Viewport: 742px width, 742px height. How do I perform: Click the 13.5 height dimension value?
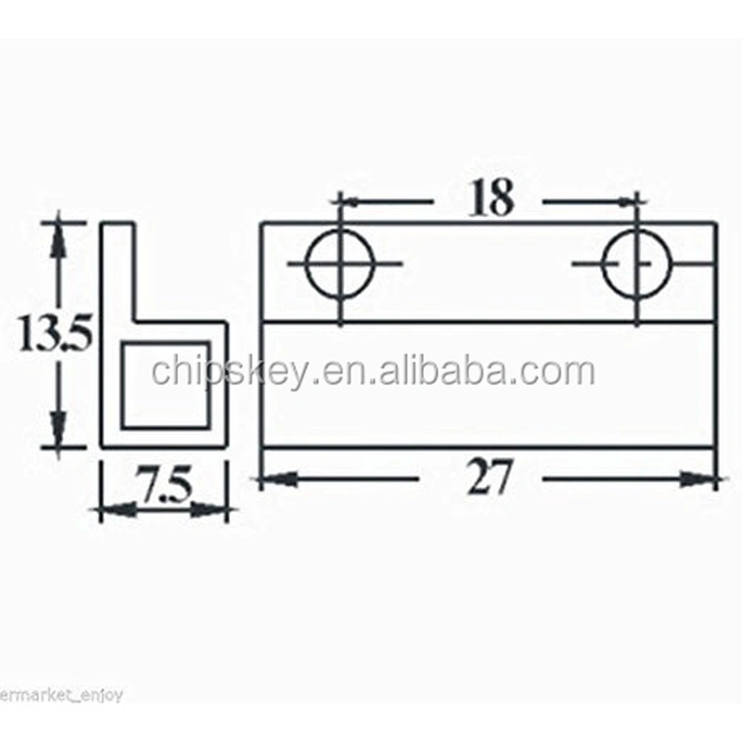tap(55, 334)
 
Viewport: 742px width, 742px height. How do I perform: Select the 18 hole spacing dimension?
tap(491, 198)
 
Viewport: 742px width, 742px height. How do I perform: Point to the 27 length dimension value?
tap(489, 477)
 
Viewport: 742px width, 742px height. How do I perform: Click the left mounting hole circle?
tap(307, 263)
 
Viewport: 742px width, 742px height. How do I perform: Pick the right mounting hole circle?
tap(604, 263)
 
